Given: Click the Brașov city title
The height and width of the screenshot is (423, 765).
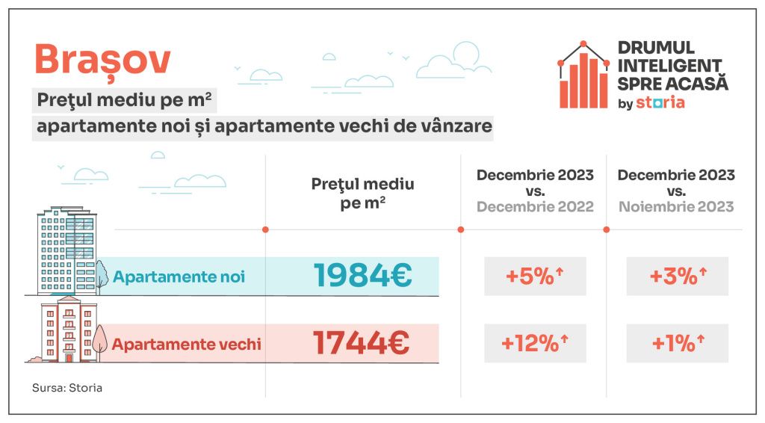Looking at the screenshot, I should coord(102,60).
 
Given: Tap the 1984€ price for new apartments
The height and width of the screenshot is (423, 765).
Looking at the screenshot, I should coord(362,276).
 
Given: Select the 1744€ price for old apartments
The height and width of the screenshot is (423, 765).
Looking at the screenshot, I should coord(362,344).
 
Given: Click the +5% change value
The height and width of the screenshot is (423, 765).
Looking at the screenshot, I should coord(534,277).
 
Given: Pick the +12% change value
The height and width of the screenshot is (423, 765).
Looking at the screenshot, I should coord(534,344).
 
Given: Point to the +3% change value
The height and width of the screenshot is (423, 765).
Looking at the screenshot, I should coord(676,277).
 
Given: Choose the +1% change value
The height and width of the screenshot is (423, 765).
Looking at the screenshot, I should coord(676,344).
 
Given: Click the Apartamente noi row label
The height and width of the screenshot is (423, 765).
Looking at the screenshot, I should coord(179,277).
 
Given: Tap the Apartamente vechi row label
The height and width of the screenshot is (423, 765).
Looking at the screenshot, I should coord(186,345).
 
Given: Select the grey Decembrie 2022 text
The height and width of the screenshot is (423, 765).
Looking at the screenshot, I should coord(535,207).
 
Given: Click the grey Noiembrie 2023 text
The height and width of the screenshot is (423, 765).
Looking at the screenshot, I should coord(676,207).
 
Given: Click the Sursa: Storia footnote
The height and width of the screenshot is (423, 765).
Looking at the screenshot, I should coord(67,389).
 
